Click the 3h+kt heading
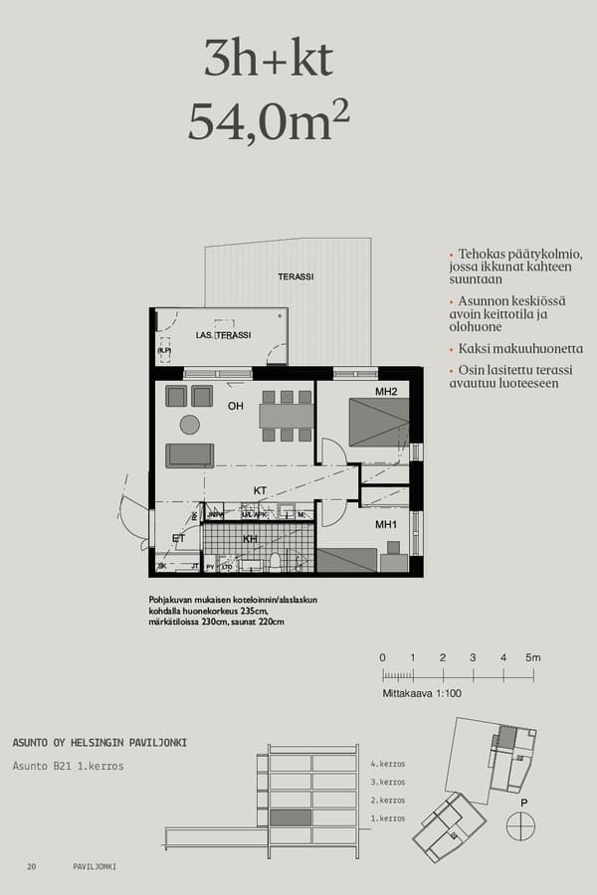269,60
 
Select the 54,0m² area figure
269,122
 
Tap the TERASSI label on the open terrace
297,276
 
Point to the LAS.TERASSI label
223,335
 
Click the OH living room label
236,406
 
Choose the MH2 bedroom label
386,392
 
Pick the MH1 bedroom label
386,524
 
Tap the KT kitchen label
260,490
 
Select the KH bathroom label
251,538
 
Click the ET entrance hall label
179,538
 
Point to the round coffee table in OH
189,425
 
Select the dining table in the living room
287,416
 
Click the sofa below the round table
189,455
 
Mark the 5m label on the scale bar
532,657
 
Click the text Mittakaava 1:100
422,693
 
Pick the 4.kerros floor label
388,764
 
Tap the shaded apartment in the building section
291,817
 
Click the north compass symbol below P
520,825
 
